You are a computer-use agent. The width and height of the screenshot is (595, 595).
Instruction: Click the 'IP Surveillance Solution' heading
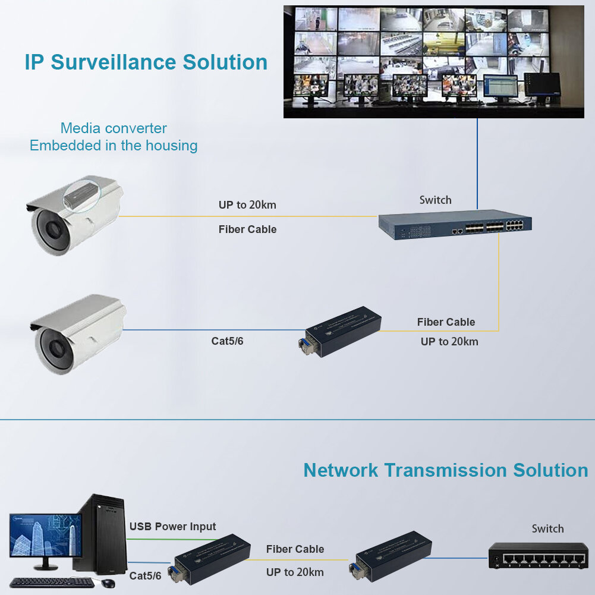click(146, 62)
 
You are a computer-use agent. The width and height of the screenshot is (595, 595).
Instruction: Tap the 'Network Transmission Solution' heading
click(445, 470)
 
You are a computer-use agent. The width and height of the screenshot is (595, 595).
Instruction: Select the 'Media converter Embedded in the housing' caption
click(114, 137)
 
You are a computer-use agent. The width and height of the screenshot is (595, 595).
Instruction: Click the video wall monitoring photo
click(433, 61)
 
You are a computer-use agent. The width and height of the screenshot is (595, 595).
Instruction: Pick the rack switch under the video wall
click(455, 225)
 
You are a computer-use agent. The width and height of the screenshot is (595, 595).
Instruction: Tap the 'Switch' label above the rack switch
click(435, 200)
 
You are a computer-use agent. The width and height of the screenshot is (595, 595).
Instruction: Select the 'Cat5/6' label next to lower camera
click(228, 341)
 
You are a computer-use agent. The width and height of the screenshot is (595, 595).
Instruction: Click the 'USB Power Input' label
click(172, 527)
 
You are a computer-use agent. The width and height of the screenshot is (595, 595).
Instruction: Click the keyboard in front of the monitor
click(50, 583)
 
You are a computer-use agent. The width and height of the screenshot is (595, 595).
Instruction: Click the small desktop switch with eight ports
click(538, 556)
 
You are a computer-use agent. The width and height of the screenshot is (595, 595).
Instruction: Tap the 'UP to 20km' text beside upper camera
click(247, 205)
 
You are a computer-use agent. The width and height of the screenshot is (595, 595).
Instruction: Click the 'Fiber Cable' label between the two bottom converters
click(295, 549)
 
